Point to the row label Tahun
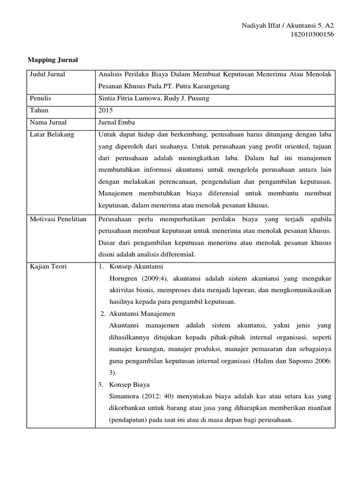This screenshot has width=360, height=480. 39,110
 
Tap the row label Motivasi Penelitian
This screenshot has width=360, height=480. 58,219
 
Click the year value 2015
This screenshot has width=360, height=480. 105,110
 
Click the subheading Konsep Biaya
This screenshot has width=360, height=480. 130,384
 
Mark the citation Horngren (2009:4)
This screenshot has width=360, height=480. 134,278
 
